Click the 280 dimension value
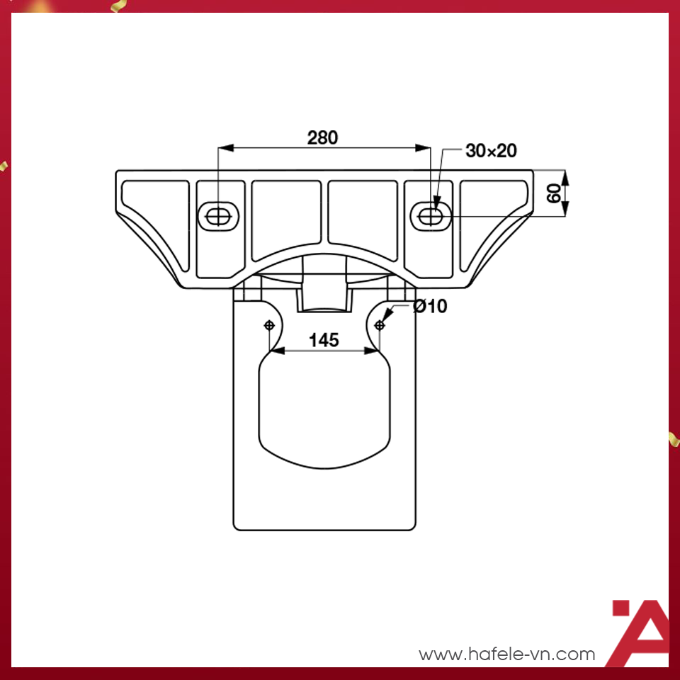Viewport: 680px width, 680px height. point(322,137)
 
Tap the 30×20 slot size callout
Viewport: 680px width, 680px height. point(491,150)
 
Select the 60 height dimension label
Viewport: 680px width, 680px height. point(555,191)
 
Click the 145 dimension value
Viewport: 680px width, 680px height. point(324,340)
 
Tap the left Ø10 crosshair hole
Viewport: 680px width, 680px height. point(269,325)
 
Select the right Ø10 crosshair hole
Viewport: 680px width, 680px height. point(380,325)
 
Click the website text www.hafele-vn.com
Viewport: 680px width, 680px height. point(507,654)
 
